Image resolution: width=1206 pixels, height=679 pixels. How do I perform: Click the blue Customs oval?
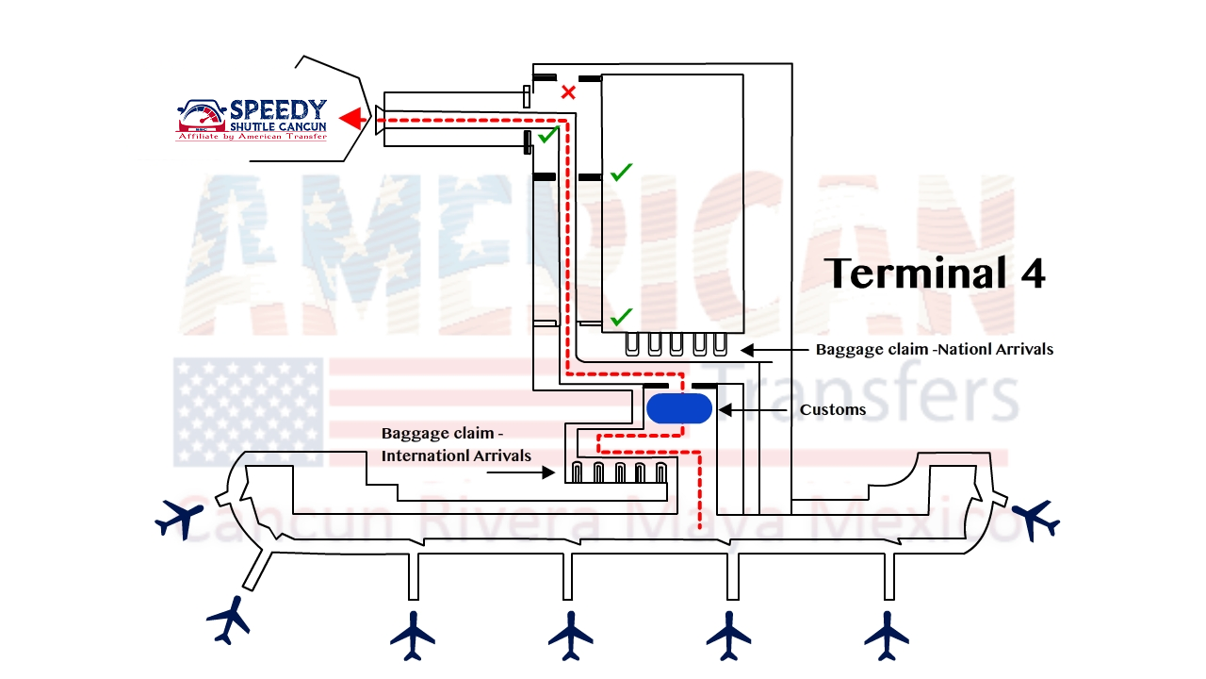click(x=678, y=408)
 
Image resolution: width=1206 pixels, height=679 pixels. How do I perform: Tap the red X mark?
click(x=568, y=92)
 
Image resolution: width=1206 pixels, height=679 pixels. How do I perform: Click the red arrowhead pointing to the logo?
click(x=351, y=119)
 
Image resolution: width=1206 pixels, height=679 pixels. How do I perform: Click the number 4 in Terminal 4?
click(x=1032, y=273)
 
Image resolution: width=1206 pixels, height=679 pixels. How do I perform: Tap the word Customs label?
click(x=833, y=410)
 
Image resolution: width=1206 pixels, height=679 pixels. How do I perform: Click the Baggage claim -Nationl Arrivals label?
click(x=934, y=349)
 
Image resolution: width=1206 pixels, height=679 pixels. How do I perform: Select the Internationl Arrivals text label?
click(x=456, y=456)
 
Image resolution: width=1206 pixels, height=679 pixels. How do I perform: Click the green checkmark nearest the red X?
click(x=546, y=137)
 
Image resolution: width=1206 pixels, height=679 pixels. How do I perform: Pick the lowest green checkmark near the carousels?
click(x=620, y=317)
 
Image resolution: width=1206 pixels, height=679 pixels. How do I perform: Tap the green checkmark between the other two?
click(x=621, y=173)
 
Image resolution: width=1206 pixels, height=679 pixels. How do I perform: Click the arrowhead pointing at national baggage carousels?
click(x=745, y=350)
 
